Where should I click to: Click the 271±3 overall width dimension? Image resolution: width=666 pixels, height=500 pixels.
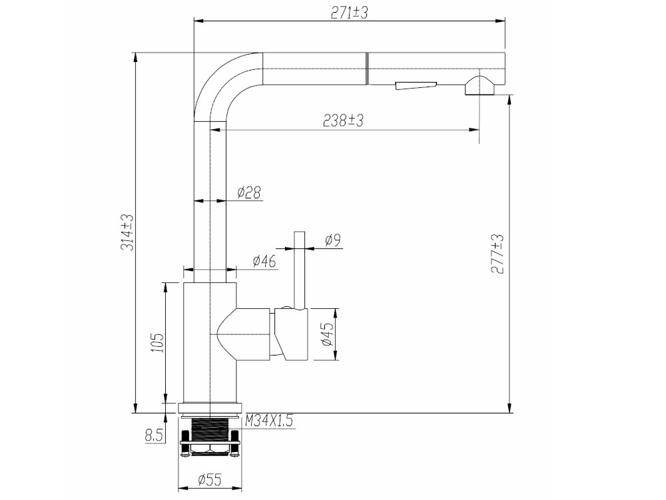coord(349,13)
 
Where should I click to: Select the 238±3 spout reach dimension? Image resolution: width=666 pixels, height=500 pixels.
coord(343,121)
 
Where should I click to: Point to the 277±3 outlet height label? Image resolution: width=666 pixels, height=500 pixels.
coord(497,254)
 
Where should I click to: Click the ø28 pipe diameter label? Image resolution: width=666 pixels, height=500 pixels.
coord(248,192)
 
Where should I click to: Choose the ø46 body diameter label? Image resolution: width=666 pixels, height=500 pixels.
coord(264,260)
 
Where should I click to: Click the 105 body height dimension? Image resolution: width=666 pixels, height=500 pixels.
coord(157,342)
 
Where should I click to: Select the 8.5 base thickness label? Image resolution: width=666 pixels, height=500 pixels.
coord(155,435)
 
